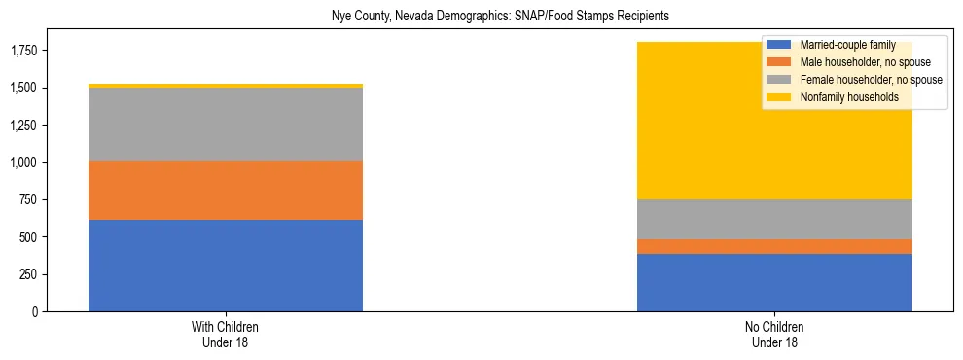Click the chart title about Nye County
(481, 17)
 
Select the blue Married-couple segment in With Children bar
(226, 266)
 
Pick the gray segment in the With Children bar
(226, 125)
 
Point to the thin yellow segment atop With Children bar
(226, 86)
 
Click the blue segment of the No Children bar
(774, 283)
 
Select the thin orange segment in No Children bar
(774, 247)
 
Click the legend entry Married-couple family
(841, 45)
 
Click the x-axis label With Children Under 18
(226, 334)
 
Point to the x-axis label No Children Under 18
(774, 334)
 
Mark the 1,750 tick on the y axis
(24, 51)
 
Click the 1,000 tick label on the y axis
(24, 162)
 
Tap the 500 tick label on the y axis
(29, 237)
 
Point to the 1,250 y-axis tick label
(24, 126)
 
